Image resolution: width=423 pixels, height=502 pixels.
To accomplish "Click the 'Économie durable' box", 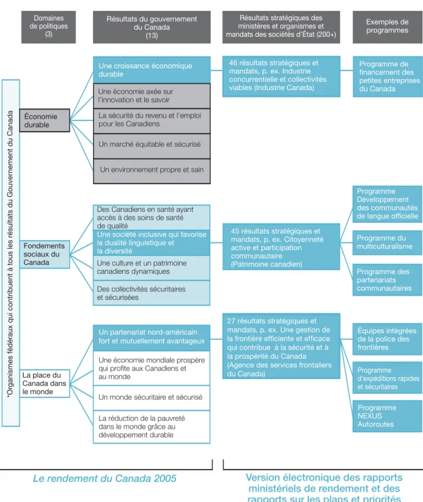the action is (45, 121).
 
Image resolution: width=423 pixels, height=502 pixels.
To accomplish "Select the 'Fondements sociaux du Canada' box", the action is (45, 254).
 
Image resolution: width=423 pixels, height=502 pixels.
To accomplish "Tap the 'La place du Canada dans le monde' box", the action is (45, 383).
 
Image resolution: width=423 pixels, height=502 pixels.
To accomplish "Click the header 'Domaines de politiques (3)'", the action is (49, 27).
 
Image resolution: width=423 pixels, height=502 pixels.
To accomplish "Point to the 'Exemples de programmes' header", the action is (388, 27).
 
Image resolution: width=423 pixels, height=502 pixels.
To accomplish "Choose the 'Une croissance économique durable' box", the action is (152, 70).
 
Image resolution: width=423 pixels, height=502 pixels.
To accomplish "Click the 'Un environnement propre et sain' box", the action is (152, 171).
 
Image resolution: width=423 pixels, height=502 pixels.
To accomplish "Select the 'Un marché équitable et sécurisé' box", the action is (152, 146).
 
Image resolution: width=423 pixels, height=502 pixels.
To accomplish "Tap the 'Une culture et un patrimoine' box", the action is (152, 268).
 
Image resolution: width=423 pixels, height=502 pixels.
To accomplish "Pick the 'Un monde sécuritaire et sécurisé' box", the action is (152, 398).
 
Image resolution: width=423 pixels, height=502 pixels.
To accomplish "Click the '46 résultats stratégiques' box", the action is (281, 76).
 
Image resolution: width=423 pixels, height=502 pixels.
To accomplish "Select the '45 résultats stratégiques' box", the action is (281, 247).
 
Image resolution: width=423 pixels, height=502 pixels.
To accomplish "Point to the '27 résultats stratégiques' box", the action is (281, 346).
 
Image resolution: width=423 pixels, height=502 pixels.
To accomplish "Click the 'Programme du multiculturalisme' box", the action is (388, 242).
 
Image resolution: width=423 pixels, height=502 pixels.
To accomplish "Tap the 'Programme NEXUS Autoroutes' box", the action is (388, 416).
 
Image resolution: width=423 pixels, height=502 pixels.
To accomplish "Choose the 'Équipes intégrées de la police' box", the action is (388, 339).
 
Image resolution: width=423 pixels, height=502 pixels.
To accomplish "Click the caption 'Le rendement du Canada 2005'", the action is (105, 478).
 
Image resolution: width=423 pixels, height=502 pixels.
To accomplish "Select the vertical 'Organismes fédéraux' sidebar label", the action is (10, 253).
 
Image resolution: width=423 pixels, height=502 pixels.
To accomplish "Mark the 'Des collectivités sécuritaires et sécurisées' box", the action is (152, 293).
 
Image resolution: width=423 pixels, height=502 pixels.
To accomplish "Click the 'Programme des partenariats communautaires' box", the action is (388, 280).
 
